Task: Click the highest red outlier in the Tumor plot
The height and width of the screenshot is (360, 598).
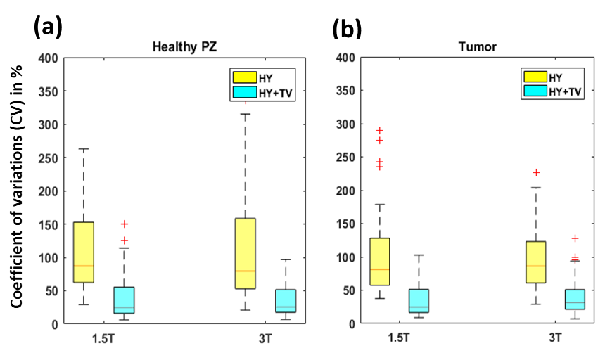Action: click(378, 131)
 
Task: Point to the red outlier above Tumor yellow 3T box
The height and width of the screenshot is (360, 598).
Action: click(535, 172)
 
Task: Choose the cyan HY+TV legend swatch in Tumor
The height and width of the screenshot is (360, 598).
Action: click(534, 90)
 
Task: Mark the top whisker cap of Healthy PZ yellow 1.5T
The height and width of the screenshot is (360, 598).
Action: click(84, 149)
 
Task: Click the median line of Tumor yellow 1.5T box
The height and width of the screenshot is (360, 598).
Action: click(380, 269)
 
